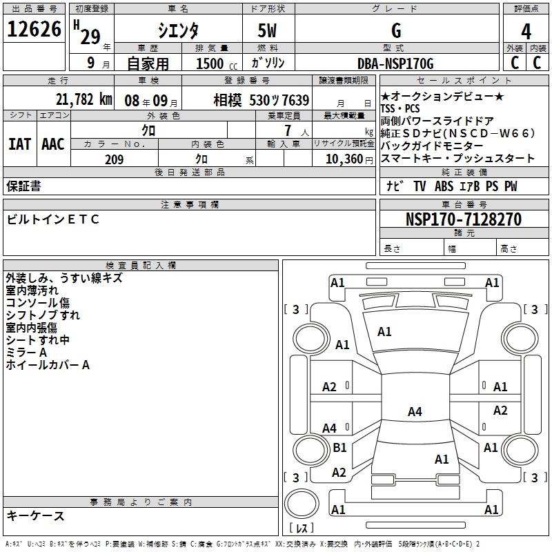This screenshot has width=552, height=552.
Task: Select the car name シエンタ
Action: coord(178,31)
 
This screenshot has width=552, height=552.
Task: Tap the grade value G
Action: coord(395,31)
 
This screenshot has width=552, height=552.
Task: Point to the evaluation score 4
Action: coord(526,31)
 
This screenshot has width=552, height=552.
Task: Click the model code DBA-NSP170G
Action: coord(395,63)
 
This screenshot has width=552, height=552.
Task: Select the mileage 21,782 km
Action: coord(84,100)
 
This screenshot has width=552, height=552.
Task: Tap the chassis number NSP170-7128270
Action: coord(463,219)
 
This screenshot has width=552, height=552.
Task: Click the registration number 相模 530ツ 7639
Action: coord(262,100)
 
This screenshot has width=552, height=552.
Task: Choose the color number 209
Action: coord(114,159)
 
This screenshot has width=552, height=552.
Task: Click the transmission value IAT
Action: coord(19,144)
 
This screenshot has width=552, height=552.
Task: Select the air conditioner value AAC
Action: coord(53,144)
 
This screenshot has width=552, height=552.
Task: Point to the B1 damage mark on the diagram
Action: coord(339,448)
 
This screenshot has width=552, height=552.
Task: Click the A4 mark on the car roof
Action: coord(414,412)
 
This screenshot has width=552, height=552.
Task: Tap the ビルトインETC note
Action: coord(53,219)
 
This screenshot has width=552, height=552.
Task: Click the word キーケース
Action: coord(36,515)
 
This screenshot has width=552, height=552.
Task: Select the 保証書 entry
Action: coord(23,186)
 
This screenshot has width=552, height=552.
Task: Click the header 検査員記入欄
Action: coord(141,265)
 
